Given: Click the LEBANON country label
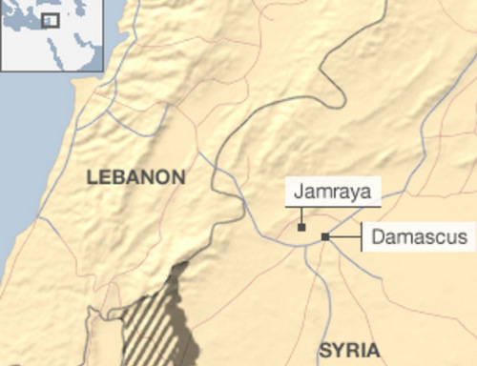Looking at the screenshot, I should (x=135, y=177).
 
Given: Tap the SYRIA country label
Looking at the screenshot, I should (x=348, y=349).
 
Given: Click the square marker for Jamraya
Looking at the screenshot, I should (x=301, y=228).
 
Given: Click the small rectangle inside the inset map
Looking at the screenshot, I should (x=50, y=20).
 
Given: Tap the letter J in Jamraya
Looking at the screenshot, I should (x=299, y=192).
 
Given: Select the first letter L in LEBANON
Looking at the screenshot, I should (x=92, y=177).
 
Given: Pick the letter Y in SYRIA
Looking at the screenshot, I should (x=337, y=349).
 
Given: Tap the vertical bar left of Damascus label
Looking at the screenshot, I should (x=362, y=237).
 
